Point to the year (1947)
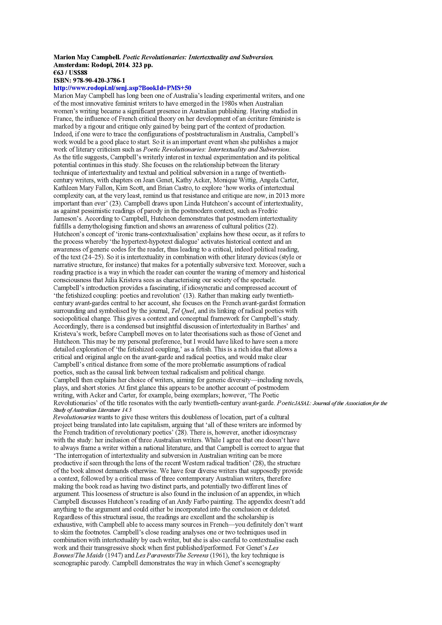[x=113, y=555]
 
